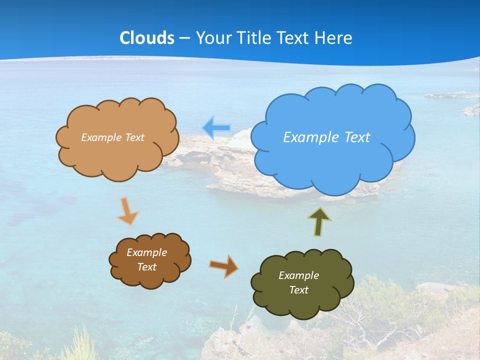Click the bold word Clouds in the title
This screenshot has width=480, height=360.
point(147,38)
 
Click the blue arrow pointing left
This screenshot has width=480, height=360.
point(216,128)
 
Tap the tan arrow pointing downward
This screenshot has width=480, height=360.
point(127,211)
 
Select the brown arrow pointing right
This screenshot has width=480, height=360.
point(223,265)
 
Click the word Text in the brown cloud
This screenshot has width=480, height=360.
point(147,267)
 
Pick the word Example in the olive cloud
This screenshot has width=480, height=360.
point(298,275)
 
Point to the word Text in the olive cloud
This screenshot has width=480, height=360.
point(298,290)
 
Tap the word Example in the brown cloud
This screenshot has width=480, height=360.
point(147,252)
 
